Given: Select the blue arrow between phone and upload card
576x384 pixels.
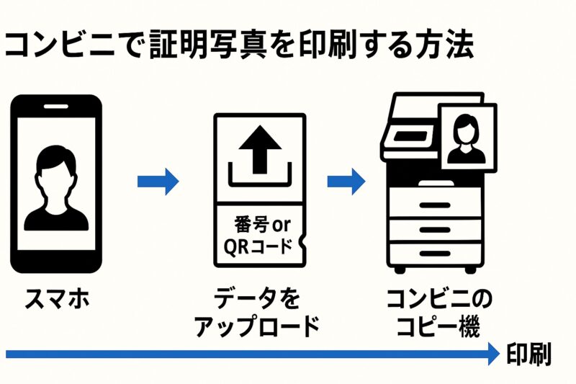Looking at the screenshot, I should [x=158, y=181].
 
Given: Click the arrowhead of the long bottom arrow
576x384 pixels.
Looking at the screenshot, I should [x=492, y=353].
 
